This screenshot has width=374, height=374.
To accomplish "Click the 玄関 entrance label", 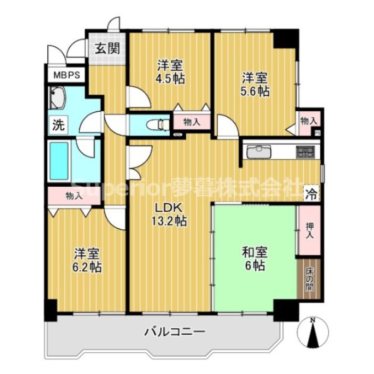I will coord(106,48).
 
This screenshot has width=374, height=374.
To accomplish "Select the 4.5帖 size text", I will coord(170,79).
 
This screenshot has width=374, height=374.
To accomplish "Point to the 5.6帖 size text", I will coord(254,91).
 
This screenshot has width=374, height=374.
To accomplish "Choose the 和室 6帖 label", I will coord(255,259).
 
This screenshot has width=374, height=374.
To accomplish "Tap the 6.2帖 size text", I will coord(87,265).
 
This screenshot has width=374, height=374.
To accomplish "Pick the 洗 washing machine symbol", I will coord(58,126).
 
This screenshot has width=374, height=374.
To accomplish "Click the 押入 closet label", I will coord(309,230).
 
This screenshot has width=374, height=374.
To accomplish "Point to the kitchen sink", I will coord(259,152).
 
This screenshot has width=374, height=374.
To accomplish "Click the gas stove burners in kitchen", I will coord(305,152).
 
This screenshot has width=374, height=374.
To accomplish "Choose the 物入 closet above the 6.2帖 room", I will coord(73,196).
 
